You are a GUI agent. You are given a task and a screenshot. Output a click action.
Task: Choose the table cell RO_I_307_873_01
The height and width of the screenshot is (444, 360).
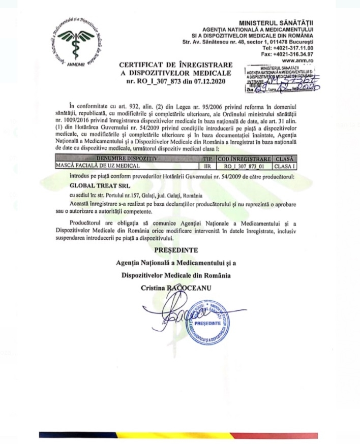(x=243, y=165)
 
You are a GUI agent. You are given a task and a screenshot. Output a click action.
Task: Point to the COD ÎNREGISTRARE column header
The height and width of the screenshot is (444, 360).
(x=243, y=159)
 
